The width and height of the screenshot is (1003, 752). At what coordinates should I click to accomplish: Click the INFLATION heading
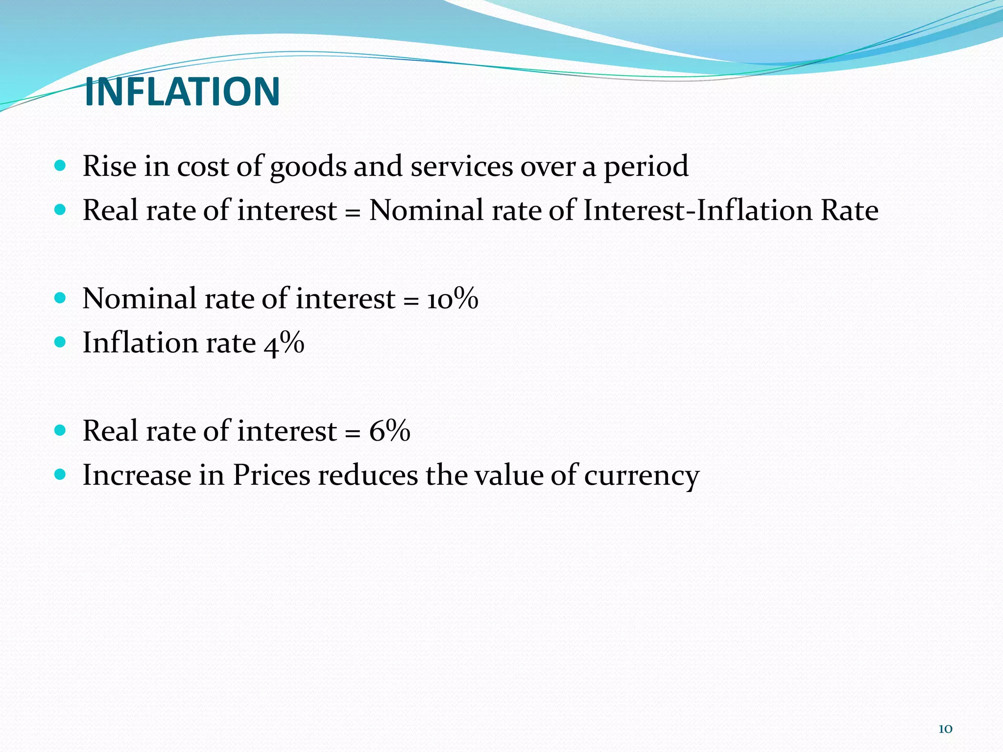(x=182, y=92)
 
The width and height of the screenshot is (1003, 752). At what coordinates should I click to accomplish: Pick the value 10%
(x=452, y=299)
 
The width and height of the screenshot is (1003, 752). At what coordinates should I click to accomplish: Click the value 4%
(x=284, y=343)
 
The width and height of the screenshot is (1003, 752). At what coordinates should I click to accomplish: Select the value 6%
(x=389, y=431)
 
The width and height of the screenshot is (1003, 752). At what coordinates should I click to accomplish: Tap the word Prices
(x=271, y=475)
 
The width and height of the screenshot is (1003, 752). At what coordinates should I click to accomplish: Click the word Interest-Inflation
(x=698, y=211)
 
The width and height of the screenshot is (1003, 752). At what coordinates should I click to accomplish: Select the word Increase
(x=137, y=475)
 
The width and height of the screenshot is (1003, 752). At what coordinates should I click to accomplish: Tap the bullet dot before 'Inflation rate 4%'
(x=60, y=342)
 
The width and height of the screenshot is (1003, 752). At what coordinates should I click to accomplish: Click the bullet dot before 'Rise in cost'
(x=60, y=166)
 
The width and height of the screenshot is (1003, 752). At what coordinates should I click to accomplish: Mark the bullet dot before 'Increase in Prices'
(x=60, y=474)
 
